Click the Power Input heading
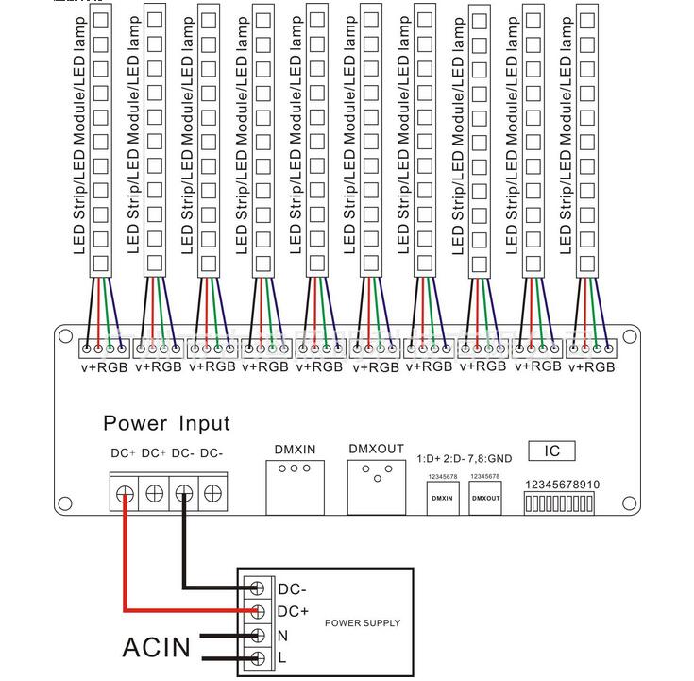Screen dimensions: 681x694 tap(166, 423)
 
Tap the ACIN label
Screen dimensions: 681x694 tap(156, 647)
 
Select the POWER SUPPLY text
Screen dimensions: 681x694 tap(362, 623)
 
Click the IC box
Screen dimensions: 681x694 tap(545, 451)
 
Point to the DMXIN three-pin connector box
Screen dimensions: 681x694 tap(296, 487)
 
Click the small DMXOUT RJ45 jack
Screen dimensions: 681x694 tap(484, 497)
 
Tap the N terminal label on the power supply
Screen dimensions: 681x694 tap(282, 635)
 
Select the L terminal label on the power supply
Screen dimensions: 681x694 tap(281, 657)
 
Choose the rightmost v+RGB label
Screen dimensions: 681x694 tap(592, 366)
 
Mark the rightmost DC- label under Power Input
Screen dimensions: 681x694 tap(212, 453)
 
